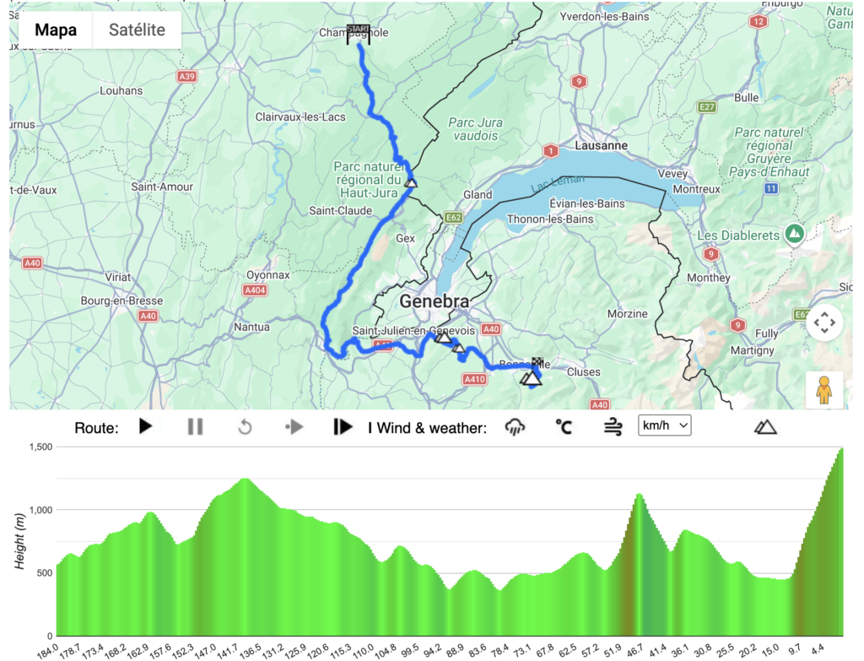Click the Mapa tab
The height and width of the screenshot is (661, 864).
coord(56,30)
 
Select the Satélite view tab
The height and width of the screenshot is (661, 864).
coord(137,30)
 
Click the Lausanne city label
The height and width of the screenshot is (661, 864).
coord(601,145)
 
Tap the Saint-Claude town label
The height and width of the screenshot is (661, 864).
coord(335,210)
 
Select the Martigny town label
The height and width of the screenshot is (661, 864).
coord(753,350)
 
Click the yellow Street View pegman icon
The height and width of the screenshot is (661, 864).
coord(824,389)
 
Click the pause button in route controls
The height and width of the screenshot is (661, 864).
coord(195,426)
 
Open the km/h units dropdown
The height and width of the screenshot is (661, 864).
coord(664,425)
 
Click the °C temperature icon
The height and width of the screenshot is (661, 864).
coord(564,426)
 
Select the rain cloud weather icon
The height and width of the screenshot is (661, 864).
coord(515,426)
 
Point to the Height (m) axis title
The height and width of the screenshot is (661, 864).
coord(20,540)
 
